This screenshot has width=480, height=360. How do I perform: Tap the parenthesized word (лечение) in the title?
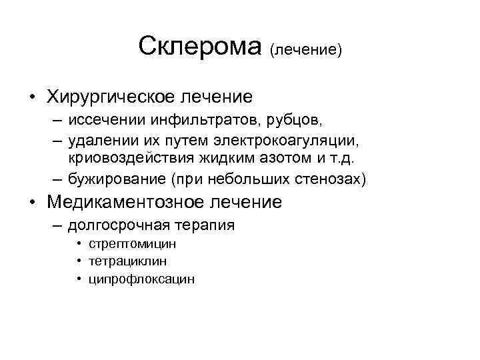coord(306,50)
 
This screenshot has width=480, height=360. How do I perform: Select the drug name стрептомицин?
coord(137,244)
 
